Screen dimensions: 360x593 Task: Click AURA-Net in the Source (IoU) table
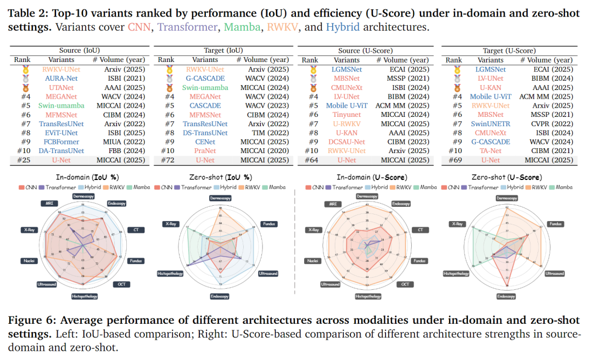coord(61,78)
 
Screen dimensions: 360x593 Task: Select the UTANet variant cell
coord(61,87)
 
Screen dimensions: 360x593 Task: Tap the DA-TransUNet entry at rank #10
coord(61,151)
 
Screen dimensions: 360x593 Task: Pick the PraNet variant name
coord(205,151)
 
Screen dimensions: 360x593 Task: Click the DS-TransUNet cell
coord(205,133)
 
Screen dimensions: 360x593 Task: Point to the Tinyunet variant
coord(347,115)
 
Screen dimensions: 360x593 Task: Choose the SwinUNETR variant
coord(491,124)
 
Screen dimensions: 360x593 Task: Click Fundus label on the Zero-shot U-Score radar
coord(555,224)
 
